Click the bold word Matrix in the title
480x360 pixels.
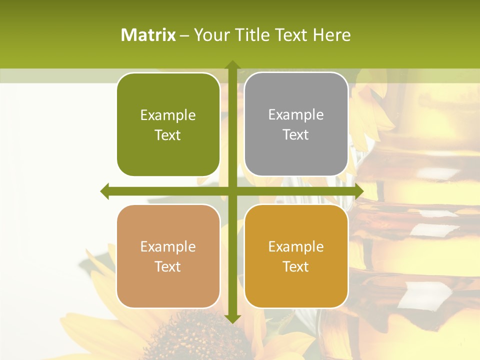tap(148, 34)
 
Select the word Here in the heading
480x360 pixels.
tap(331, 34)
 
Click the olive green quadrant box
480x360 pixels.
tap(168, 124)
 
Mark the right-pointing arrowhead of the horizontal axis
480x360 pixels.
tap(359, 191)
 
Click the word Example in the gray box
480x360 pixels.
tap(296, 115)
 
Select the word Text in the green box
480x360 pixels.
tap(167, 135)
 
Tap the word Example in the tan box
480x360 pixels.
tap(167, 246)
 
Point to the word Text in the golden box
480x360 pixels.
tap(295, 266)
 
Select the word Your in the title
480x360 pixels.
tap(211, 34)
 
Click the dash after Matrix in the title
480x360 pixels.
tap(184, 35)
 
